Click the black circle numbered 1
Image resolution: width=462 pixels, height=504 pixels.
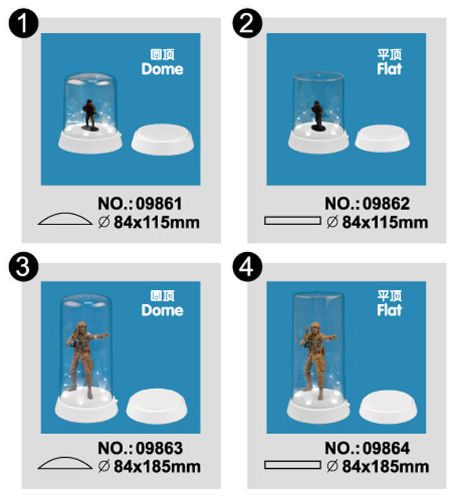coord(23,23)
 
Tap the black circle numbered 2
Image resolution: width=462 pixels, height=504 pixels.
coord(247,23)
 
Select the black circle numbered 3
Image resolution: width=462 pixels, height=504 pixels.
coord(23,267)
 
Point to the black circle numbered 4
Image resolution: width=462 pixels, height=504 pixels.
coord(247,267)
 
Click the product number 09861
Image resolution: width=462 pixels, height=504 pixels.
coord(159,203)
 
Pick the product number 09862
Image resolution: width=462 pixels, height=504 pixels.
coord(386,203)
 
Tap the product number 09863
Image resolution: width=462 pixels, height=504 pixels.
coord(159,448)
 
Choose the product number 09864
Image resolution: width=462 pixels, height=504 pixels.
coord(386,448)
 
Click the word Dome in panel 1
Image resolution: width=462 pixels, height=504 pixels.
coord(162,69)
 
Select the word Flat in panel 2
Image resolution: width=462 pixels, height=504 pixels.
coord(389,69)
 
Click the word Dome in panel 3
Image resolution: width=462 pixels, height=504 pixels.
coord(162,310)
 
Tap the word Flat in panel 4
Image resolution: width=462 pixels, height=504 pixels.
coord(389,310)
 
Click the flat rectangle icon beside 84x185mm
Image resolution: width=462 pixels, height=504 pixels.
coord(293,465)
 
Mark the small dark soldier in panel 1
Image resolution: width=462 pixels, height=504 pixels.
coord(90,114)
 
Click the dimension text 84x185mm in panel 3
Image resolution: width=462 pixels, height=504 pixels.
coord(157,466)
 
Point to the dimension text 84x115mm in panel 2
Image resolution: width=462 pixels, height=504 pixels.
coord(385,222)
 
